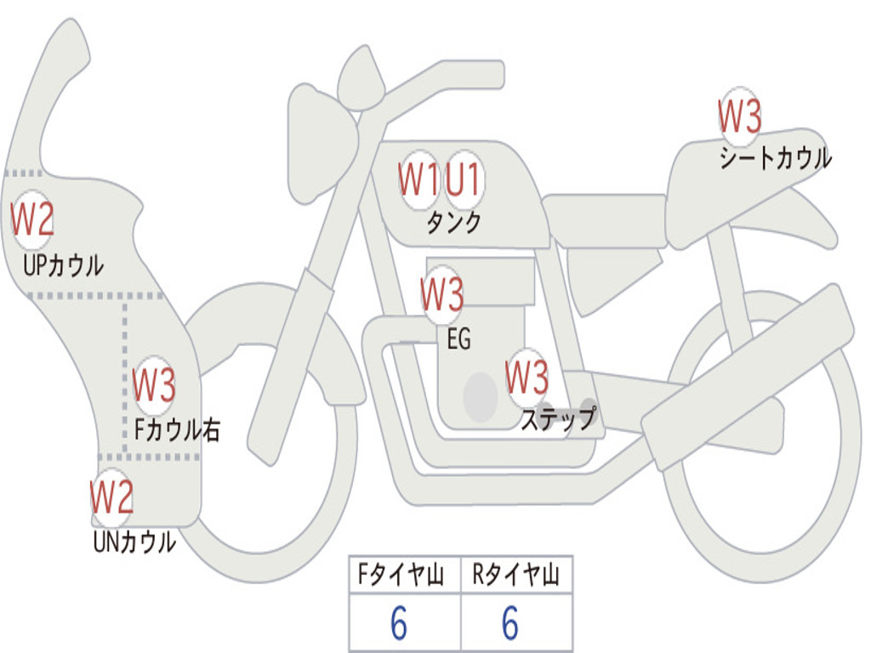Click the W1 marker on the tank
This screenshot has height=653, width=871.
pyautogui.click(x=418, y=179)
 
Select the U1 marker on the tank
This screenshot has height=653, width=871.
pyautogui.click(x=463, y=179)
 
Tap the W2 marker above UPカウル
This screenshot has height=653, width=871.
pyautogui.click(x=32, y=219)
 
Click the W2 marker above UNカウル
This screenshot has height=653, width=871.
pyautogui.click(x=111, y=497)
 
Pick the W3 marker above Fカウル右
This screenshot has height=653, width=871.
pyautogui.click(x=154, y=385)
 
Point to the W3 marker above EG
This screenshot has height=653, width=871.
pyautogui.click(x=441, y=294)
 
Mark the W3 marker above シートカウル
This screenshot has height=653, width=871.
pyautogui.click(x=739, y=116)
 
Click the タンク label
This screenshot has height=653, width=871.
pyautogui.click(x=453, y=223)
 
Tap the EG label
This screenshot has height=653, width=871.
pyautogui.click(x=458, y=338)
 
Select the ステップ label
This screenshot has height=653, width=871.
pyautogui.click(x=558, y=417)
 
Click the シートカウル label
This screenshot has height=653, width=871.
pyautogui.click(x=776, y=157)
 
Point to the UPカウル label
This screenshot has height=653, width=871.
pyautogui.click(x=63, y=265)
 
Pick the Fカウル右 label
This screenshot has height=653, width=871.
pyautogui.click(x=177, y=429)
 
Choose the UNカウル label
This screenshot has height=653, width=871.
pyautogui.click(x=134, y=542)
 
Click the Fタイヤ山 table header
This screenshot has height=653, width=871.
pyautogui.click(x=401, y=574)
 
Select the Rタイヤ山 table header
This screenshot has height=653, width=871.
pyautogui.click(x=516, y=574)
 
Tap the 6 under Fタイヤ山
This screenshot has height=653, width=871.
pyautogui.click(x=399, y=623)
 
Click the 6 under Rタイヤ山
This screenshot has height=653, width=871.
pyautogui.click(x=510, y=623)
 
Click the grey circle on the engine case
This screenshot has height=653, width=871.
pyautogui.click(x=481, y=396)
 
